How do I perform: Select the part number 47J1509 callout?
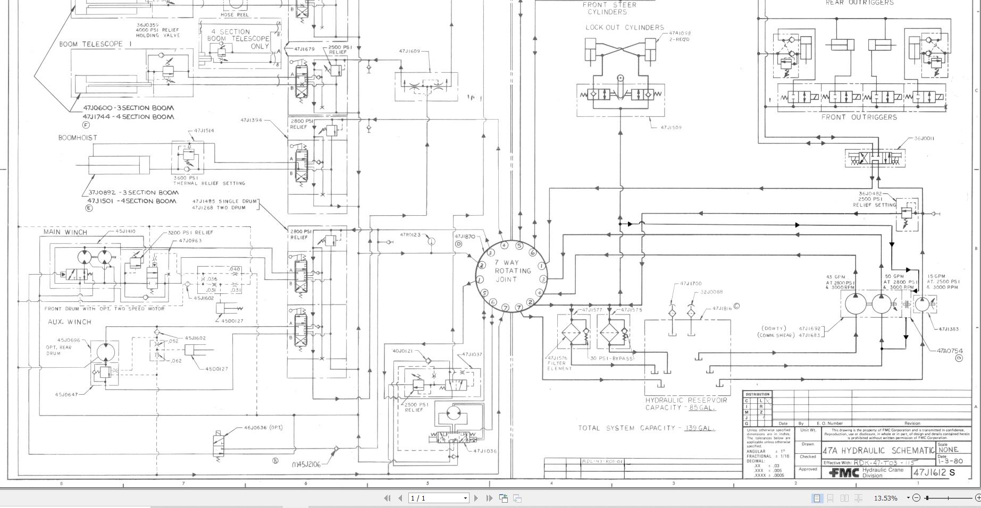[x=670, y=128]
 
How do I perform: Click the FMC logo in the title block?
[x=844, y=472]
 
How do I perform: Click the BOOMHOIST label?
[x=78, y=138]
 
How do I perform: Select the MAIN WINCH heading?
[x=65, y=232]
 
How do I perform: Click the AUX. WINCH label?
[x=69, y=322]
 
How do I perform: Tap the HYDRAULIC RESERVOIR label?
[x=686, y=400]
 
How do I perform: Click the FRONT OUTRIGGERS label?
[x=859, y=117]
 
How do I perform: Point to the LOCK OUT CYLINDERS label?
[x=625, y=27]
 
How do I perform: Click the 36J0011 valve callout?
[x=924, y=139]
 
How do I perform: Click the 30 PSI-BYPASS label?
[x=611, y=358]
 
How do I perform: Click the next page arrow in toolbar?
[x=476, y=498]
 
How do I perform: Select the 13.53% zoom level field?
[x=886, y=498]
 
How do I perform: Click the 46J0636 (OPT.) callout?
[x=263, y=427]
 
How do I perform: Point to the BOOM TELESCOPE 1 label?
[x=95, y=44]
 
